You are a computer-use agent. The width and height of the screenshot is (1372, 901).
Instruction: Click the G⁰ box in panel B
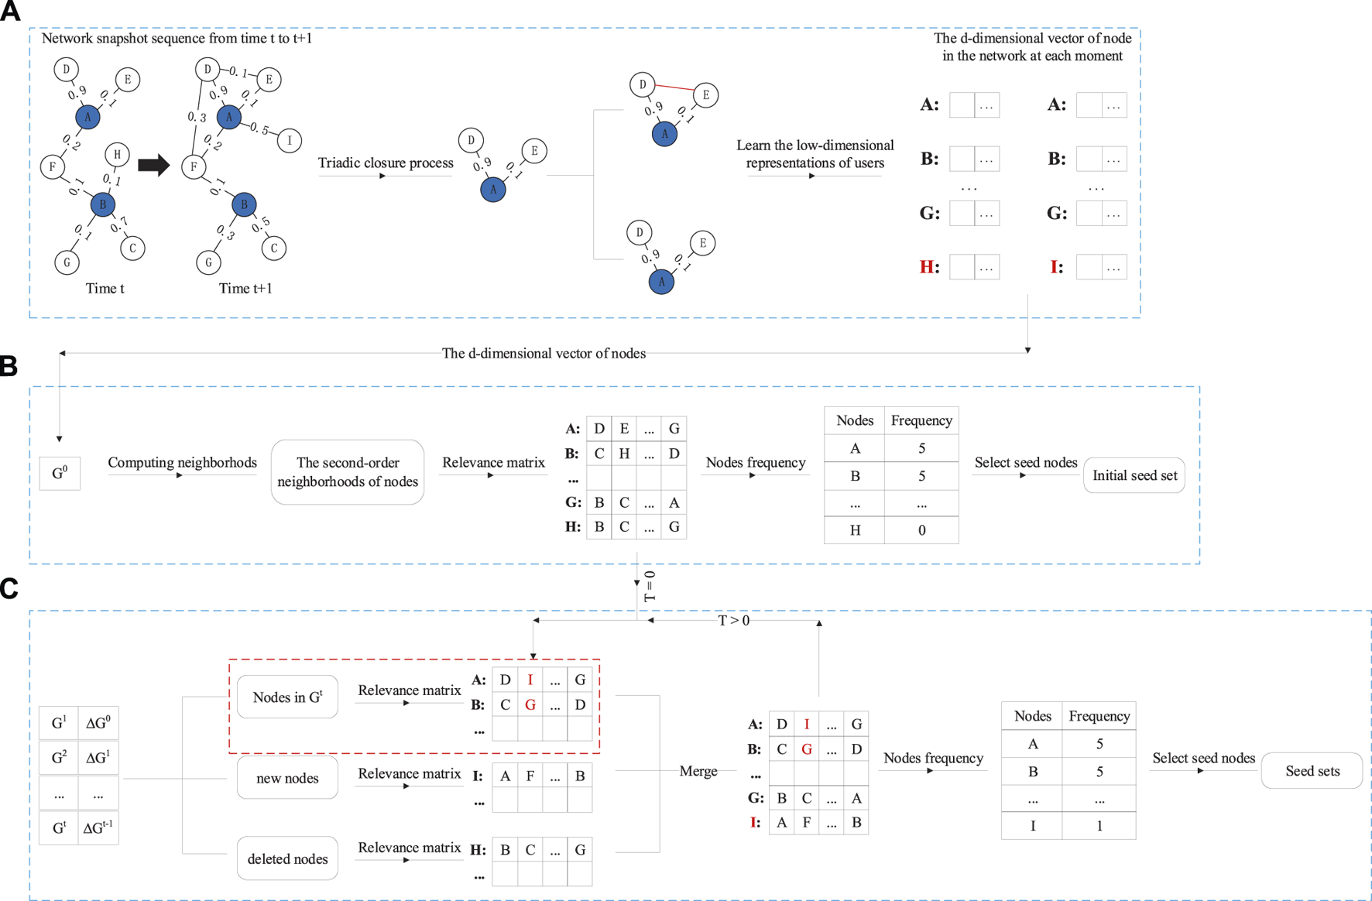pyautogui.click(x=60, y=473)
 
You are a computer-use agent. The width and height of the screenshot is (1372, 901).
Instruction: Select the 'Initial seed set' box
pyautogui.click(x=1134, y=475)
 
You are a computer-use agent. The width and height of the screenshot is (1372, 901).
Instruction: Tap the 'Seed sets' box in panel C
pyautogui.click(x=1312, y=771)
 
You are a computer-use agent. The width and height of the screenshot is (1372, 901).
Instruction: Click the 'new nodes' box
pyautogui.click(x=287, y=778)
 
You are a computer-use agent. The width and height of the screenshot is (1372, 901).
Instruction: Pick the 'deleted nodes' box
pyautogui.click(x=287, y=858)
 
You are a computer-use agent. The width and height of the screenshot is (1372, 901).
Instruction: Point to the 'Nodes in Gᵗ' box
pyautogui.click(x=287, y=697)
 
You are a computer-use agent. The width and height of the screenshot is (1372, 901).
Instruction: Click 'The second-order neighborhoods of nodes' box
pyautogui.click(x=348, y=472)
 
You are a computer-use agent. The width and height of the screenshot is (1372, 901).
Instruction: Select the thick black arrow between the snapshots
pyautogui.click(x=153, y=165)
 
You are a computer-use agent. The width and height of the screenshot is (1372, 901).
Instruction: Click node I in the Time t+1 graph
pyautogui.click(x=290, y=140)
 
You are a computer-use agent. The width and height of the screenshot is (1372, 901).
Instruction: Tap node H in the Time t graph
pyautogui.click(x=117, y=154)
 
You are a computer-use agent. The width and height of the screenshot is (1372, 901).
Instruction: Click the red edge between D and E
pyautogui.click(x=674, y=87)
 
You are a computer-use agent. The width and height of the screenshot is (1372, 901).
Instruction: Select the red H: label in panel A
pyautogui.click(x=929, y=267)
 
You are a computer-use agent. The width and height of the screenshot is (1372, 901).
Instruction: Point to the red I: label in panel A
pyautogui.click(x=1057, y=267)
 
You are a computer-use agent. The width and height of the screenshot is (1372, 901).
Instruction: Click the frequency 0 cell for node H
pyautogui.click(x=921, y=530)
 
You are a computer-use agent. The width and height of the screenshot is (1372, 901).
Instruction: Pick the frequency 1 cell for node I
pyautogui.click(x=1099, y=826)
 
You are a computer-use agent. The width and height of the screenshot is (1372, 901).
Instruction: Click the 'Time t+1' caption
pyautogui.click(x=245, y=289)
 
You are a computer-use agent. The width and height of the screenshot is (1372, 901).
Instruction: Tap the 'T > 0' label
pyautogui.click(x=734, y=621)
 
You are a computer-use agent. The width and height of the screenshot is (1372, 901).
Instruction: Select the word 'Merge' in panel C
pyautogui.click(x=698, y=771)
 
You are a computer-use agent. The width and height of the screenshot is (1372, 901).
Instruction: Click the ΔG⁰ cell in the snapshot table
pyautogui.click(x=98, y=723)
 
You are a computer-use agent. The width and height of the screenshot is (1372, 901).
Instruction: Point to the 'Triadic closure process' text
pyautogui.click(x=386, y=163)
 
